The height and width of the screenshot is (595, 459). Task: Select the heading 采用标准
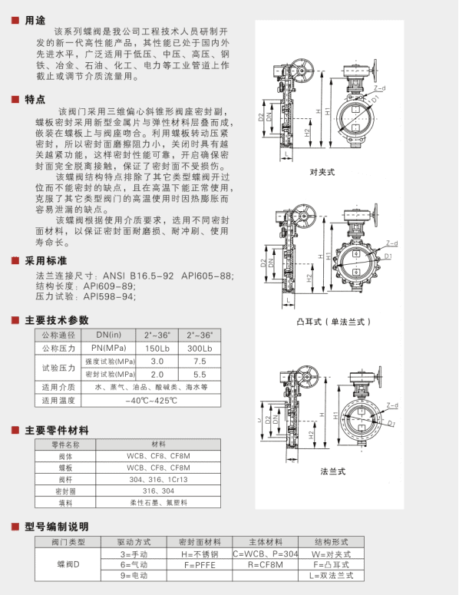coord(45,260)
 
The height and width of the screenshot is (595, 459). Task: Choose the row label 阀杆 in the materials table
coord(65,478)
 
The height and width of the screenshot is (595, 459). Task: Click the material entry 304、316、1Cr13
coord(158,478)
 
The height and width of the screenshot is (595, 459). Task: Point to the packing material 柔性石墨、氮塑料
coord(158,502)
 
